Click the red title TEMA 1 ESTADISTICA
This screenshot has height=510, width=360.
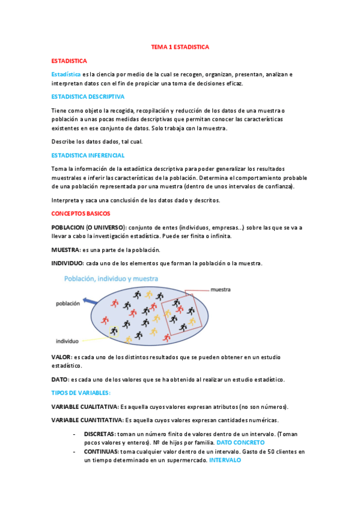[x=180, y=46]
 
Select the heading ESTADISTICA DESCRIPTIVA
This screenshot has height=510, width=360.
[x=88, y=96]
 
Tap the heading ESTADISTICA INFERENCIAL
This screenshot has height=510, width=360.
[x=88, y=155]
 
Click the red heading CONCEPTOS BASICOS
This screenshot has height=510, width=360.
[x=81, y=213]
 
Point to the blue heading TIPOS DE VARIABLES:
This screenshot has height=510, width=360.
[x=81, y=392]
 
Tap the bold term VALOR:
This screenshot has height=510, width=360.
[x=61, y=357]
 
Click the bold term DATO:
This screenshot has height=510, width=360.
[x=60, y=379]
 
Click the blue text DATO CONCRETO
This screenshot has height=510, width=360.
[x=240, y=442]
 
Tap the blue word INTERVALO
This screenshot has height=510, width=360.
[x=225, y=459]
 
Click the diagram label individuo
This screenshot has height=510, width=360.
[x=67, y=340]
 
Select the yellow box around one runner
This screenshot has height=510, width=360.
[x=114, y=331]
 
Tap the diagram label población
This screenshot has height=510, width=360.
[x=68, y=304]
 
